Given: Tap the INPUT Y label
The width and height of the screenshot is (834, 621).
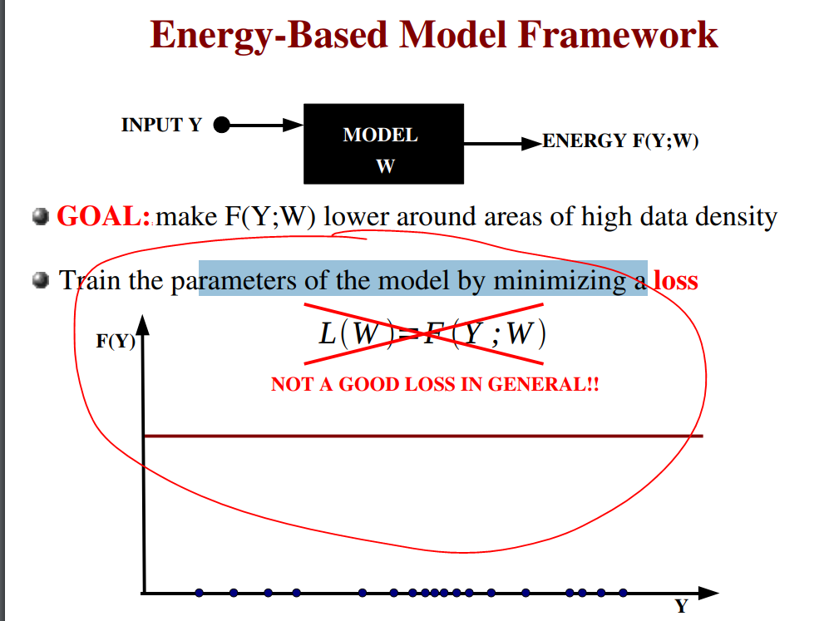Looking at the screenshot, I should [161, 126].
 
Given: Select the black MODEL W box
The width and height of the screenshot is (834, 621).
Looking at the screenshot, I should [382, 144].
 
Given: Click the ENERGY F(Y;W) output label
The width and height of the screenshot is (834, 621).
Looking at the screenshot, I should [619, 141].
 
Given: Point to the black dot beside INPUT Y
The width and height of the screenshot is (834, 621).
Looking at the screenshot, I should [221, 126].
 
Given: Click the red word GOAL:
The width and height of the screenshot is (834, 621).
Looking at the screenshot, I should [103, 218].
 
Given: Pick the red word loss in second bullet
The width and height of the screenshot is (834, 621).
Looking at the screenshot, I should [675, 281].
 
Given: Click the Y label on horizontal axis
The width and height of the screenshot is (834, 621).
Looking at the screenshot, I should [682, 607].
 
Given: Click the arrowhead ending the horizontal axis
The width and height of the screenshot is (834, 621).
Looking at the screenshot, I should [707, 593].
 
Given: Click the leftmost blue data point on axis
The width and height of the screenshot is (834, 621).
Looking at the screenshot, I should [199, 593].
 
